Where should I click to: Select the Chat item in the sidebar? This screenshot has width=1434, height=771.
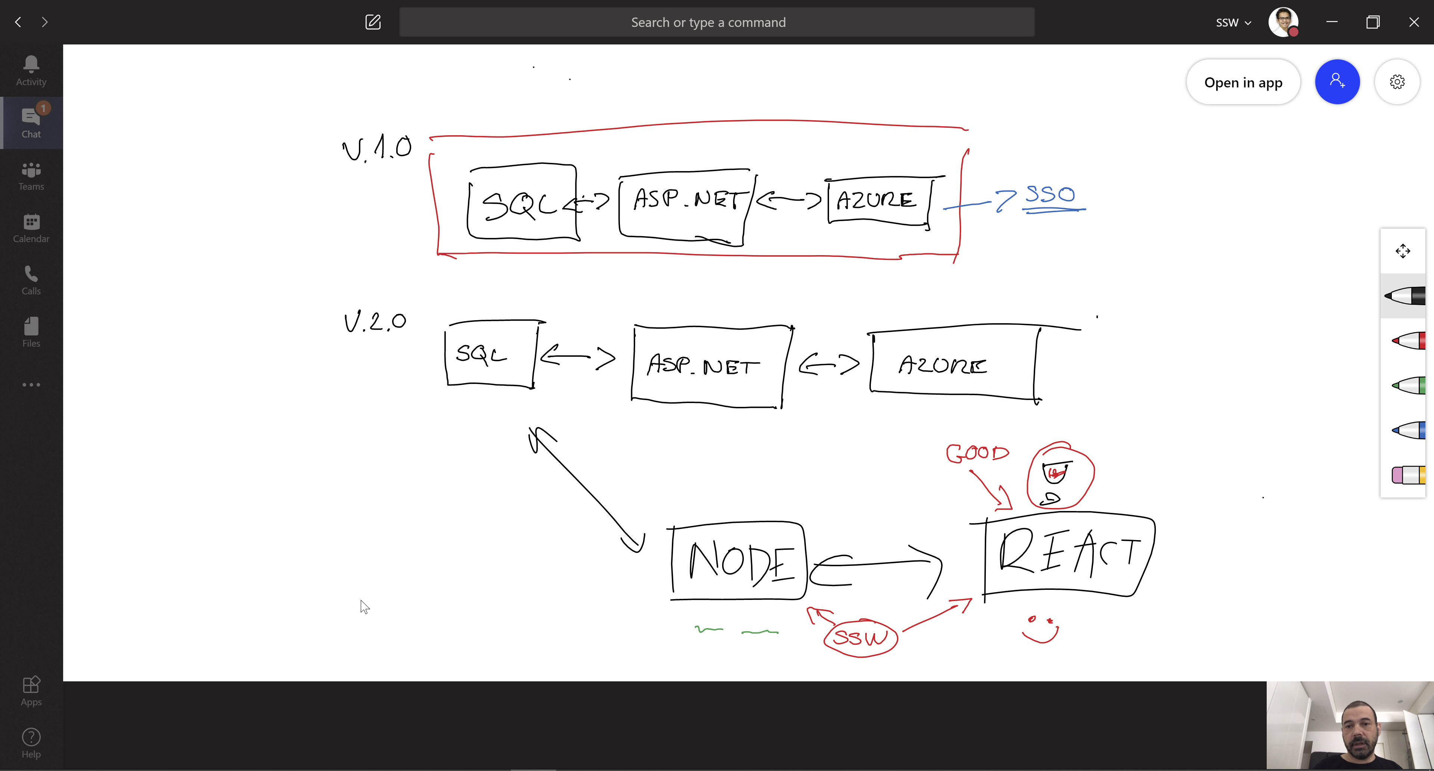coord(31,123)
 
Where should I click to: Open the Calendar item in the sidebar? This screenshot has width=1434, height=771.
coord(31,228)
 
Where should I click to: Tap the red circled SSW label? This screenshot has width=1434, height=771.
coord(860,637)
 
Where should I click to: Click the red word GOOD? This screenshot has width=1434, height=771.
coord(977,453)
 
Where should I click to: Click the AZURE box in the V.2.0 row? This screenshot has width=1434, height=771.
coord(953,365)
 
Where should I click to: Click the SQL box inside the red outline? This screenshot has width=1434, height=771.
coord(522,202)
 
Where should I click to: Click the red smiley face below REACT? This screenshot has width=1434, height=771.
coord(1040,629)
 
